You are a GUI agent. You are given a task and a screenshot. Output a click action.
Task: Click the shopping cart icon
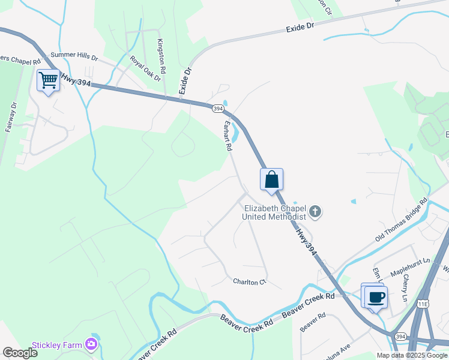pyautogui.click(x=48, y=80)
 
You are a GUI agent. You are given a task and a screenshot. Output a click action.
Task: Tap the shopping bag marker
pyautogui.click(x=271, y=179)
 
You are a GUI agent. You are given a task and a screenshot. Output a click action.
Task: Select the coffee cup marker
pyautogui.click(x=376, y=297)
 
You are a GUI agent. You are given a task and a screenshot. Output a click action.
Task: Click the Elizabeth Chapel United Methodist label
pyautogui.click(x=275, y=212)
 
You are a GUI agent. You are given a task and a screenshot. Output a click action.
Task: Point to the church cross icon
pyautogui.click(x=316, y=212)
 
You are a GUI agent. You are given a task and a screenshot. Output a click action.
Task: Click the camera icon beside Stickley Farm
pyautogui.click(x=91, y=344)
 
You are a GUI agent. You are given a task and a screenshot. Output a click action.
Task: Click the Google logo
pyautogui.click(x=20, y=352)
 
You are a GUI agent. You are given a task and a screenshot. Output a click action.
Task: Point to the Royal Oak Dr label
pyautogui.click(x=146, y=68)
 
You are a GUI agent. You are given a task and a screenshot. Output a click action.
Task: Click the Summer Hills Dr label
pyautogui.click(x=78, y=56)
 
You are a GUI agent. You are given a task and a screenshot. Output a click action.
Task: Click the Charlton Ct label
pyautogui.click(x=249, y=281)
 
